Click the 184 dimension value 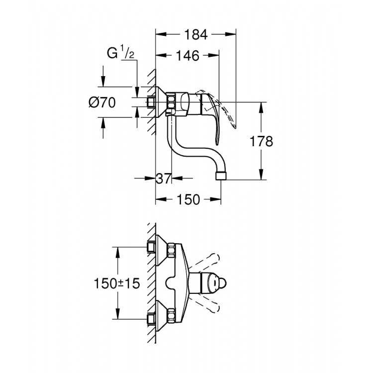pyautogui.click(x=196, y=34)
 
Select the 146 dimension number pyautogui.click(x=187, y=56)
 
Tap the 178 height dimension pyautogui.click(x=262, y=141)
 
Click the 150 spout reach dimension pyautogui.click(x=188, y=199)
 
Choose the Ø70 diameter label pyautogui.click(x=102, y=103)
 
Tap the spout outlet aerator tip pyautogui.click(x=221, y=176)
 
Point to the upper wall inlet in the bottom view pyautogui.click(x=151, y=247)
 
